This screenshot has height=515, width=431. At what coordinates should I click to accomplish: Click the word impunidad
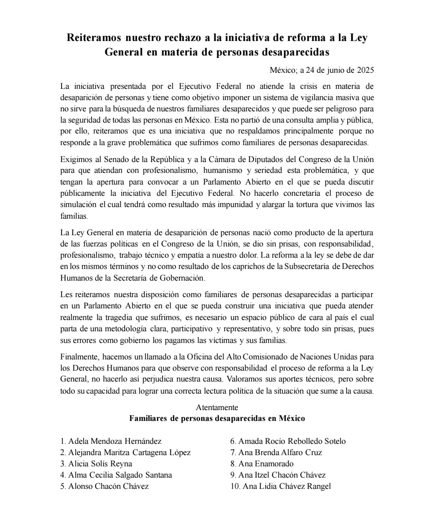coord(238,204)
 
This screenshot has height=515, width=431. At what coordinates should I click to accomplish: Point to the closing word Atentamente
coord(217,407)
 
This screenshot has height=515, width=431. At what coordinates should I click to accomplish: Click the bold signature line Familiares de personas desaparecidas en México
coord(217,418)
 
